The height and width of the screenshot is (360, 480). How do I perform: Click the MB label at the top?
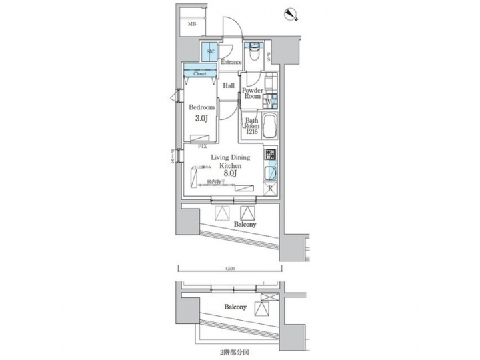(192, 25)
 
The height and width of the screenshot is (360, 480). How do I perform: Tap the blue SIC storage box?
(210, 51)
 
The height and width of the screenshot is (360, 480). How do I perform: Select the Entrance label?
(231, 63)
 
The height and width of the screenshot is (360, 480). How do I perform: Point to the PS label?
(269, 58)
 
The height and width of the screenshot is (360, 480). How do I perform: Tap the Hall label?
(229, 85)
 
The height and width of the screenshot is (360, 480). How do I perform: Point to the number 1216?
(251, 133)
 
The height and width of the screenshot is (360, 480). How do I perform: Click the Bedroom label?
(201, 107)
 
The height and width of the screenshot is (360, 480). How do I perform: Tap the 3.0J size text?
(201, 119)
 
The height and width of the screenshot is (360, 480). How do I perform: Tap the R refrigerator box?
(269, 189)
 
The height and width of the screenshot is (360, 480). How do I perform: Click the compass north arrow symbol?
(291, 12)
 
